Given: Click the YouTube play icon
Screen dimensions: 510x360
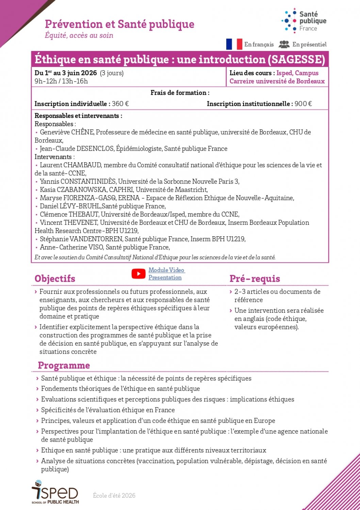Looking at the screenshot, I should [138, 274].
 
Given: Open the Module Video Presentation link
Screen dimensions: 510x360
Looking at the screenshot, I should [166, 274].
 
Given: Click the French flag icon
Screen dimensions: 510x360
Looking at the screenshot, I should [234, 44].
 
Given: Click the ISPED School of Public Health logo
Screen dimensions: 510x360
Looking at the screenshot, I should [55, 492].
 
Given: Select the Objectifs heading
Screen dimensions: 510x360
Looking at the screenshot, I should [55, 278].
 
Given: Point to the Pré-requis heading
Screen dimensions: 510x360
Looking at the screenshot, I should [255, 278].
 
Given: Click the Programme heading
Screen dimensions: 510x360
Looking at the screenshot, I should [64, 365].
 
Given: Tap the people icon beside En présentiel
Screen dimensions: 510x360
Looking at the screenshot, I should [284, 44].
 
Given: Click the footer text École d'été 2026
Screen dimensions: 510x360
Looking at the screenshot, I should [114, 495].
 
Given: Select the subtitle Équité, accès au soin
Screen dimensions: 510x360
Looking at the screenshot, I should [79, 35].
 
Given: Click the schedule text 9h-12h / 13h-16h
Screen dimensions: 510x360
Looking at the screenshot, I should [61, 81].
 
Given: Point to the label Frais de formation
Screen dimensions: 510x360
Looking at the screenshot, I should [180, 92].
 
